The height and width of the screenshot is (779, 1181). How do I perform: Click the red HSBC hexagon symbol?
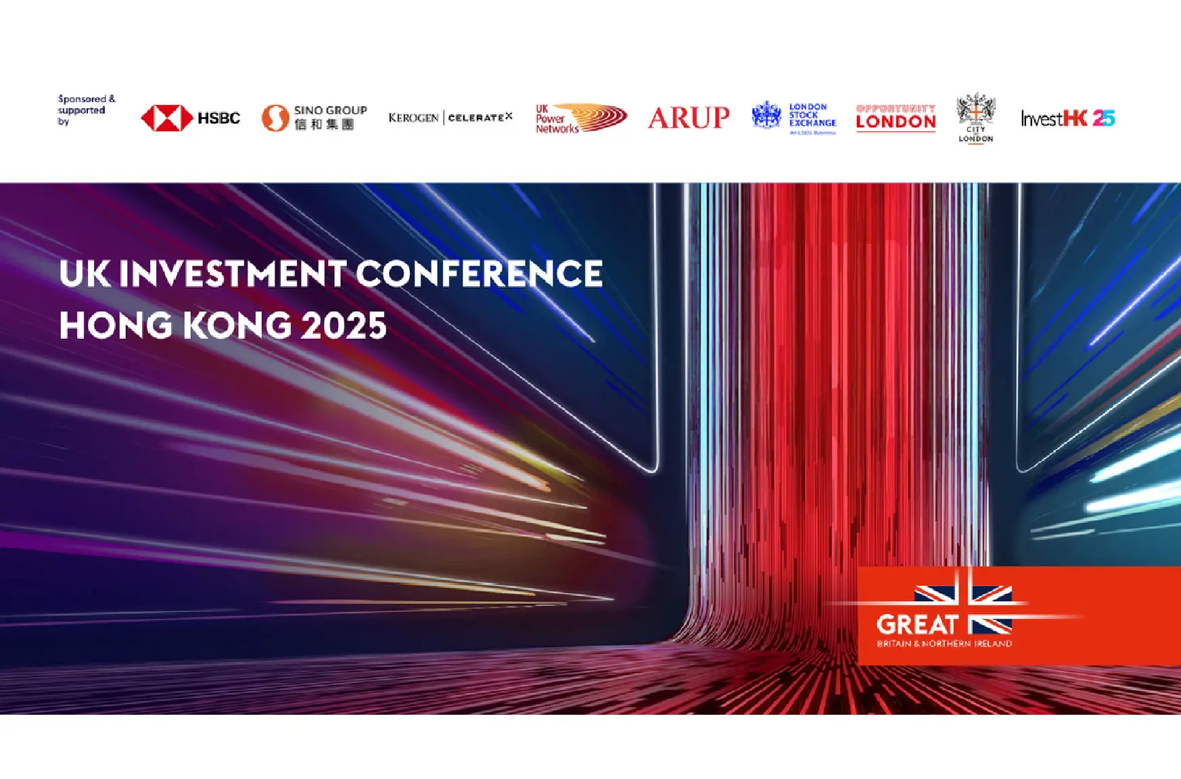coord(167,118)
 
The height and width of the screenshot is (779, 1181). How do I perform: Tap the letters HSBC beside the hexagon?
coord(218,118)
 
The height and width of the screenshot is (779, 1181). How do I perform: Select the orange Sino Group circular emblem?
coord(275,118)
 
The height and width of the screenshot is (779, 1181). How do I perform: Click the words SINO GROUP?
coord(330,110)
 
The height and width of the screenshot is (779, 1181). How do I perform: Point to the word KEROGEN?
coord(413,118)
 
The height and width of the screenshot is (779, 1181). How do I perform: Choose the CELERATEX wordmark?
coord(480,118)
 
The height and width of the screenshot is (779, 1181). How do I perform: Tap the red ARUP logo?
coord(689,118)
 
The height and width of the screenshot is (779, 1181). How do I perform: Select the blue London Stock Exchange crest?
coord(766,116)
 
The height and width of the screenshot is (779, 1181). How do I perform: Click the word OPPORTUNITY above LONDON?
coord(896,108)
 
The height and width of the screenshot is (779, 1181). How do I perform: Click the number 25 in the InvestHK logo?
coord(1103,118)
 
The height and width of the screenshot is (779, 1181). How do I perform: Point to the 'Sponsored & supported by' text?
coord(85,110)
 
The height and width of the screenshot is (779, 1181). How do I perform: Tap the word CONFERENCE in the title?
coord(479,274)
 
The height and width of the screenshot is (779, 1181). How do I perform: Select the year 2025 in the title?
coord(344,326)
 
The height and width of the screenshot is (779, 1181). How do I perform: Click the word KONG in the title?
coord(237,326)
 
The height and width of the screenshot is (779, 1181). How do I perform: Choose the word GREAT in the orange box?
coord(917,624)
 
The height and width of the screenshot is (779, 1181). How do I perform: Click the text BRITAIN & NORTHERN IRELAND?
coord(944,644)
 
